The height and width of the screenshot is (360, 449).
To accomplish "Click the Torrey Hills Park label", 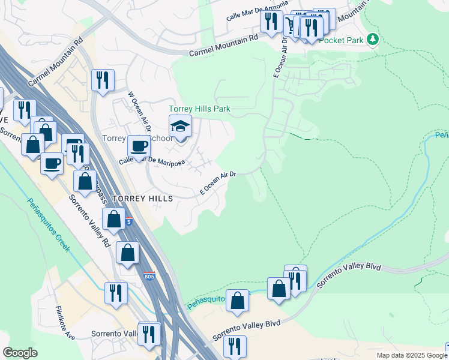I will pos(199,109).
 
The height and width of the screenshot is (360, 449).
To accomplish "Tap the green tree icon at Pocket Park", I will pos(373,40).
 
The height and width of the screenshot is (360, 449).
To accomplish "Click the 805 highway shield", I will pos(149,275).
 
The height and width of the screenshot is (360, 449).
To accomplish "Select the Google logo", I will pos(20,353).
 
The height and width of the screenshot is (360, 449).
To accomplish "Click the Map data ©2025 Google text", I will pos(412,355).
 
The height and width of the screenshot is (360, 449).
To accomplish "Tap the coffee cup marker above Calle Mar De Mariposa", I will pos(139,146).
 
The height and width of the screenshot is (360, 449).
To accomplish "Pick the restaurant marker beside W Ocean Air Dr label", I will pos(103,80).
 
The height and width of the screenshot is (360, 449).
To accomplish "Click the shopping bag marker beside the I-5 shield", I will pos(113,220).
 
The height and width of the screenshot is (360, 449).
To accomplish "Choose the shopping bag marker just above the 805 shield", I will pos(127,253).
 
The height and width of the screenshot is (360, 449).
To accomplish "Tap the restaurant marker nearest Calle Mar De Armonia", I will pos(271,22).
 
